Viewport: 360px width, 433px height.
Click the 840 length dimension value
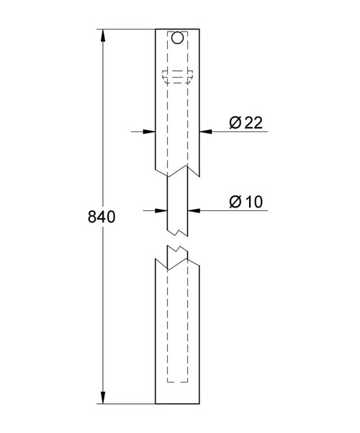101,217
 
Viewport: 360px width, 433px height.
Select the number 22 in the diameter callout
252,123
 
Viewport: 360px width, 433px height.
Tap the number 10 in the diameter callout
252,202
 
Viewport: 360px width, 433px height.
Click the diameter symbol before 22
235,123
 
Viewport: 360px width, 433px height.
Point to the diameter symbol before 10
235,202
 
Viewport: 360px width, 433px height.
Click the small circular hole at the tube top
177,38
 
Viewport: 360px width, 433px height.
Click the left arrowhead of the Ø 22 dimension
151,131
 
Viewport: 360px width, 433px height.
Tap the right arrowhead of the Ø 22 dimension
204,131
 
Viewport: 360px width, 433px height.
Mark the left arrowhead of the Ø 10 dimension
163,210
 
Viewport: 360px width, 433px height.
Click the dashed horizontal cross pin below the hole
178,74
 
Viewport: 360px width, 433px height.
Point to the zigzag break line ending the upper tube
178,170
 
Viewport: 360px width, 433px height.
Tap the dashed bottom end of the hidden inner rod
178,382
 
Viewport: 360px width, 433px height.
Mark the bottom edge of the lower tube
178,404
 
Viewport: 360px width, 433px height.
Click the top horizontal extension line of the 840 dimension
130,29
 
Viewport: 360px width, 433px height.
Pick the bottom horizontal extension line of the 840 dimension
130,404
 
